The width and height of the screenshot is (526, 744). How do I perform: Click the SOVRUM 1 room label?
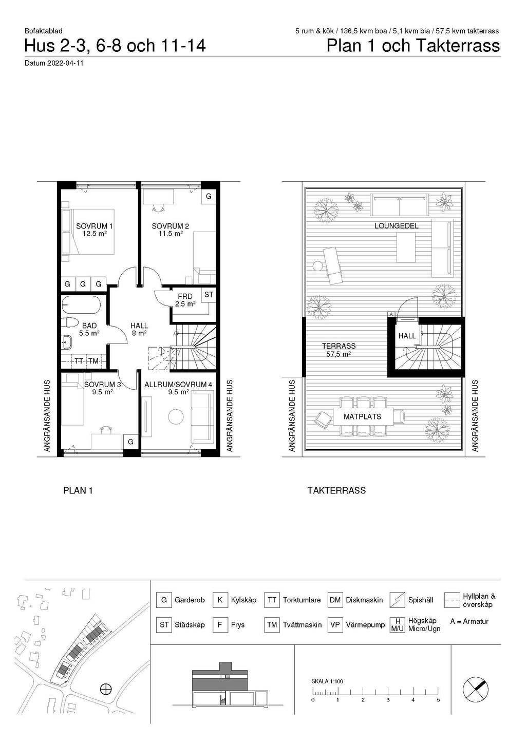pyautogui.click(x=94, y=226)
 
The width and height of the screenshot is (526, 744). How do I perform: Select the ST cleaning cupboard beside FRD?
pyautogui.click(x=209, y=295)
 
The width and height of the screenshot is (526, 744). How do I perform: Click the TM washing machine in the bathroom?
pyautogui.click(x=93, y=361)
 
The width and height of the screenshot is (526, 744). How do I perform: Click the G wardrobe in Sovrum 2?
pyautogui.click(x=209, y=196)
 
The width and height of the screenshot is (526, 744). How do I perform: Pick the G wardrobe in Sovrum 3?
pyautogui.click(x=130, y=442)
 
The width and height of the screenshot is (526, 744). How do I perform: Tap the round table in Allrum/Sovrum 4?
pyautogui.click(x=176, y=417)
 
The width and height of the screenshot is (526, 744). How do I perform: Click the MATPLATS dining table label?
pyautogui.click(x=362, y=416)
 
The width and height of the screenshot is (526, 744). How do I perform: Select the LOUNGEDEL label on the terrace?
pyautogui.click(x=396, y=226)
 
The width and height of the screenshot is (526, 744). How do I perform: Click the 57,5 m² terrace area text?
pyautogui.click(x=339, y=354)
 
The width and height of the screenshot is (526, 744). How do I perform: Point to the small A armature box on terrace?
pyautogui.click(x=391, y=314)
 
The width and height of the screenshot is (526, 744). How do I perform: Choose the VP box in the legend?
pyautogui.click(x=335, y=625)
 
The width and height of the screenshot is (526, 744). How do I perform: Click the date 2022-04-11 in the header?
pyautogui.click(x=65, y=63)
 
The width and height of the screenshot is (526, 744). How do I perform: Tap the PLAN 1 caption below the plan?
pyautogui.click(x=78, y=490)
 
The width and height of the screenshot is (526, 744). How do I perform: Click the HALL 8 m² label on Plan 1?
pyautogui.click(x=139, y=329)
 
